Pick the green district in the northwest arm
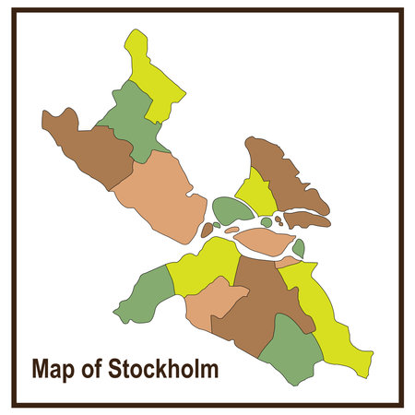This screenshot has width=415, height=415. (x=130, y=120)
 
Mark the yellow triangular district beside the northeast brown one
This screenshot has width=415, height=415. (x=256, y=194)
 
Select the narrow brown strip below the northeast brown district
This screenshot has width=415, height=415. (x=306, y=219)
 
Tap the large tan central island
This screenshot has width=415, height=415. (x=265, y=243)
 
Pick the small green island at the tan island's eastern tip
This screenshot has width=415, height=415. (x=298, y=247)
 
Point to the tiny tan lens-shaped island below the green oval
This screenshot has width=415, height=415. (x=231, y=230)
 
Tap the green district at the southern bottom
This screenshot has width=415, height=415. (x=290, y=350)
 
